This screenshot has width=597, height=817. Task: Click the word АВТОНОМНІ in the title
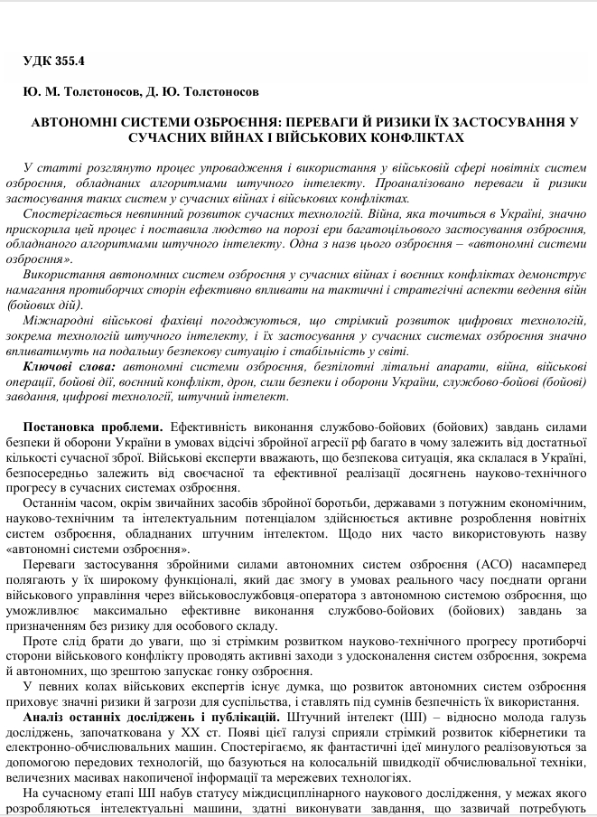click(73, 121)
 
